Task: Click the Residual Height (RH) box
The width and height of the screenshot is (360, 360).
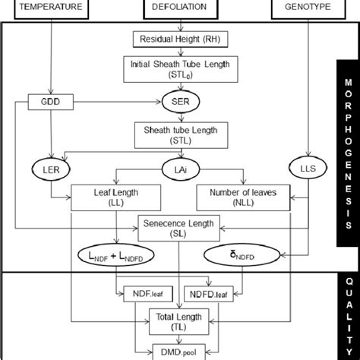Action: (x=180, y=39)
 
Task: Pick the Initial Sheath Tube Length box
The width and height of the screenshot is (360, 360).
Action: (x=180, y=69)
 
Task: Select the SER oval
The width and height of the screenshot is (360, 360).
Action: (x=180, y=101)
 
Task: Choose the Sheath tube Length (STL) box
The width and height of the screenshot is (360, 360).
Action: (x=180, y=134)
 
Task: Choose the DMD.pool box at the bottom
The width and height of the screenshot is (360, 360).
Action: (x=180, y=350)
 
